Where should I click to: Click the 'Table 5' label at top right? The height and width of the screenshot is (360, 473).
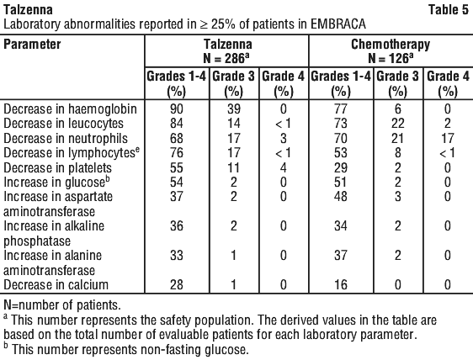(x=449, y=9)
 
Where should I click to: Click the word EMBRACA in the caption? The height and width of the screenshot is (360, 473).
(x=338, y=24)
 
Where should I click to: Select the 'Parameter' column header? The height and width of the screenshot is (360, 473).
(x=32, y=45)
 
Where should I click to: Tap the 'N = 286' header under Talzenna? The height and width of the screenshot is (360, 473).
(x=226, y=58)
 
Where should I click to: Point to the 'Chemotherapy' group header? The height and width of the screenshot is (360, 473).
(x=391, y=45)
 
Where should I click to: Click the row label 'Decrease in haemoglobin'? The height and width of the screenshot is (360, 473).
(x=71, y=109)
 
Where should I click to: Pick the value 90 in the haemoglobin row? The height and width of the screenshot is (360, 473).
(x=177, y=109)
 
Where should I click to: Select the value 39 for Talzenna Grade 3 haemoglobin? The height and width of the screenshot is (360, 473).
(x=234, y=109)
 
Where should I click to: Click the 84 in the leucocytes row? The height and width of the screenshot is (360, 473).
(x=177, y=124)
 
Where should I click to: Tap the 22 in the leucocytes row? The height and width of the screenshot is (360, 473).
(x=397, y=124)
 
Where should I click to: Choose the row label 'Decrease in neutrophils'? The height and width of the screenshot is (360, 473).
(x=66, y=139)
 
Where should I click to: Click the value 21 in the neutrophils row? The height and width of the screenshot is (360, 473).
(x=397, y=139)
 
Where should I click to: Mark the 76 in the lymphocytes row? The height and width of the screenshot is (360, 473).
(x=177, y=152)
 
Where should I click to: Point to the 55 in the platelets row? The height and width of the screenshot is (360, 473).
(x=177, y=167)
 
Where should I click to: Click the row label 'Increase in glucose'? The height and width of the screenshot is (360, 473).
(x=56, y=183)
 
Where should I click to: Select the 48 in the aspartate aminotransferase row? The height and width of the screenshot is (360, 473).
(x=341, y=197)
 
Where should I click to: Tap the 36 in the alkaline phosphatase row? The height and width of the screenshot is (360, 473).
(x=177, y=225)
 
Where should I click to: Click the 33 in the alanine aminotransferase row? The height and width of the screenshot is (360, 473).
(x=177, y=256)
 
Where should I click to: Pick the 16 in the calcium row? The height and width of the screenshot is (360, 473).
(x=341, y=285)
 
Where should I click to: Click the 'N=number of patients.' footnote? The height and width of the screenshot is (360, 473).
(x=62, y=305)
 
